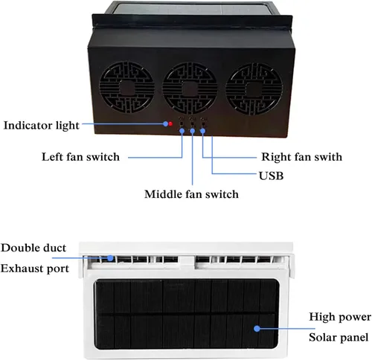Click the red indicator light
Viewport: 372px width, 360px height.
pyautogui.click(x=170, y=123)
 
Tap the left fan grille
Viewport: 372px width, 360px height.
pyautogui.click(x=126, y=89)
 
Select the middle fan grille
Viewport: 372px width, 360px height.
pyautogui.click(x=190, y=89)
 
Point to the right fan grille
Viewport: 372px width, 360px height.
pyautogui.click(x=254, y=89)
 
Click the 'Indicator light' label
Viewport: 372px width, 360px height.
pyautogui.click(x=42, y=126)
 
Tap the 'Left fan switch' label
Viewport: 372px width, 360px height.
pyautogui.click(x=80, y=157)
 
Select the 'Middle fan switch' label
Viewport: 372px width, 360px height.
pyautogui.click(x=191, y=194)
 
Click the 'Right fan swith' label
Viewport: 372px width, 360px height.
pyautogui.click(x=302, y=157)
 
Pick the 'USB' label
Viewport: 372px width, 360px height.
pyautogui.click(x=271, y=176)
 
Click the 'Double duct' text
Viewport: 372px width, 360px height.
pyautogui.click(x=33, y=248)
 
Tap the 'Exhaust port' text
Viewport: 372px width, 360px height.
pyautogui.click(x=35, y=269)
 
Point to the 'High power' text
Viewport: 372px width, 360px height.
pyautogui.click(x=340, y=317)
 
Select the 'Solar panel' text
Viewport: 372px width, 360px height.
pyautogui.click(x=339, y=338)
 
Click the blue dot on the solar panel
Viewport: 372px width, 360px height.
pyautogui.click(x=257, y=329)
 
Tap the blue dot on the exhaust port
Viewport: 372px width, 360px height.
pyautogui.click(x=110, y=258)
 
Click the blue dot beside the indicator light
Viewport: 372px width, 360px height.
pyautogui.click(x=166, y=123)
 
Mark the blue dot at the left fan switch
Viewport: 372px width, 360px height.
pyautogui.click(x=182, y=130)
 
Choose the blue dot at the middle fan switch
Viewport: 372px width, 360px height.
pyautogui.click(x=193, y=130)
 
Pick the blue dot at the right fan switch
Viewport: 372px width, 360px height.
pyautogui.click(x=202, y=130)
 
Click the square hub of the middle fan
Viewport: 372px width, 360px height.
pyautogui.click(x=190, y=89)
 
